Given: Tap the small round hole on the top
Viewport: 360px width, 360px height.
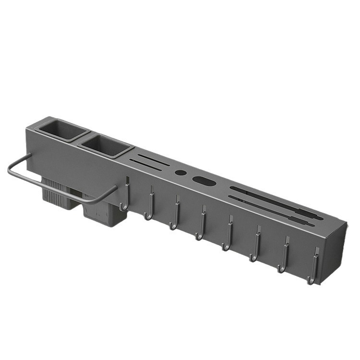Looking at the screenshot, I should [x=180, y=172].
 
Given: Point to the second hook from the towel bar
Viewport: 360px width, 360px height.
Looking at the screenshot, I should [x=150, y=206].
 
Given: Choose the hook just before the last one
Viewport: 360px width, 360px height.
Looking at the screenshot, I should [x=284, y=259].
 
